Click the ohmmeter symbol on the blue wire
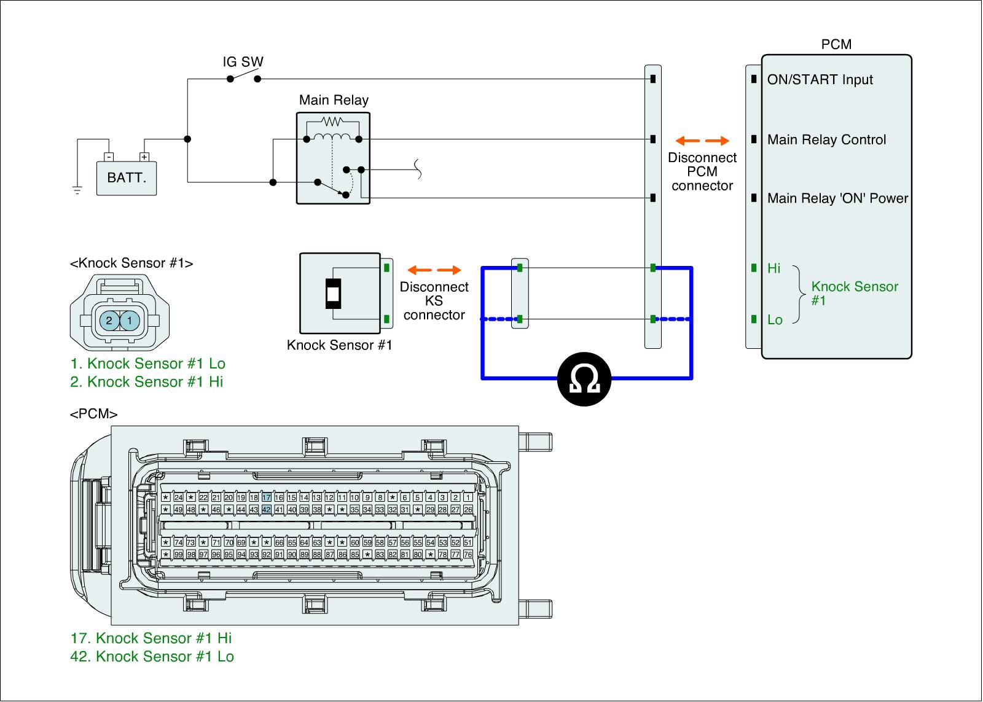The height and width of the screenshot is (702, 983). pyautogui.click(x=584, y=379)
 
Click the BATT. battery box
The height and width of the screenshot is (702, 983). pyautogui.click(x=127, y=178)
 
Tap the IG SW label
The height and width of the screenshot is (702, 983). pyautogui.click(x=243, y=61)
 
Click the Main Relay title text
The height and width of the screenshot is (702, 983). pyautogui.click(x=334, y=100)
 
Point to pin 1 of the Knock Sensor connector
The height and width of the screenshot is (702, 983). pyautogui.click(x=130, y=320)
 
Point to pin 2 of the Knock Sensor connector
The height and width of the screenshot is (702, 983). pyautogui.click(x=109, y=320)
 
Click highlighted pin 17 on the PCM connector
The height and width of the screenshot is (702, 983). pyautogui.click(x=266, y=497)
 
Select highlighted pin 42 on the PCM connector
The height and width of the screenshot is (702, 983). pyautogui.click(x=266, y=510)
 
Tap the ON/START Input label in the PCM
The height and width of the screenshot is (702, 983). pyautogui.click(x=820, y=80)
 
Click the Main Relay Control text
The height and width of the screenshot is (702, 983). pyautogui.click(x=826, y=140)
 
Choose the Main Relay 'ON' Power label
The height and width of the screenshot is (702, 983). pyautogui.click(x=837, y=198)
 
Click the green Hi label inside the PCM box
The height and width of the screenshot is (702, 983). pyautogui.click(x=773, y=268)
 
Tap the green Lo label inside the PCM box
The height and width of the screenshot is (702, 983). pyautogui.click(x=775, y=320)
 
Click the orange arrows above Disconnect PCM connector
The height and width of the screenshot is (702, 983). pyautogui.click(x=702, y=141)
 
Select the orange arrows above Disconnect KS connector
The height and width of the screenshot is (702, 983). pyautogui.click(x=434, y=270)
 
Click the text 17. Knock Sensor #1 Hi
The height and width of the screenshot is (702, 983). pyautogui.click(x=151, y=638)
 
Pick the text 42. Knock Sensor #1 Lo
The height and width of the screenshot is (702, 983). pyautogui.click(x=152, y=657)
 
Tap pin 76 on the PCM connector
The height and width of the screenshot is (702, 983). pyautogui.click(x=468, y=555)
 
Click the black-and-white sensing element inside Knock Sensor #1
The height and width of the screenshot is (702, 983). pyautogui.click(x=332, y=294)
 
